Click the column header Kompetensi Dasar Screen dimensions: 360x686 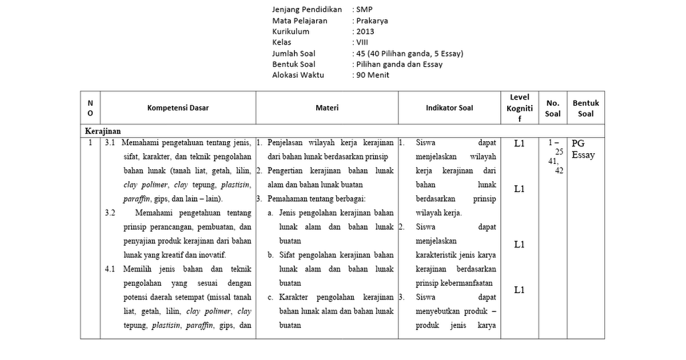[178, 108]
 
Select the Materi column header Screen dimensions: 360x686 [327, 108]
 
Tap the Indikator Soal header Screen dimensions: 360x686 [449, 108]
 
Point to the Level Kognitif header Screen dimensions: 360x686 [519, 108]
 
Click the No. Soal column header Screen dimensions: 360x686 [553, 108]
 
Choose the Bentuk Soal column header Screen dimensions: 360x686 [585, 108]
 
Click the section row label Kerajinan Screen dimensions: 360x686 [103, 131]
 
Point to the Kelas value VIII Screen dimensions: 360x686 [362, 42]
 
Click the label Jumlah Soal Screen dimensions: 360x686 [294, 53]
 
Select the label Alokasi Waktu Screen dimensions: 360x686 [298, 75]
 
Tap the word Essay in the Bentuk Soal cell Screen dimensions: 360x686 [583, 155]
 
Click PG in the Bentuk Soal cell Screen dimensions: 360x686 [578, 144]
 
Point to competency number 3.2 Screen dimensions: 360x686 [110, 213]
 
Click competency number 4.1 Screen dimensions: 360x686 [110, 269]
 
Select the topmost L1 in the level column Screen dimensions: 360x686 [519, 144]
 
